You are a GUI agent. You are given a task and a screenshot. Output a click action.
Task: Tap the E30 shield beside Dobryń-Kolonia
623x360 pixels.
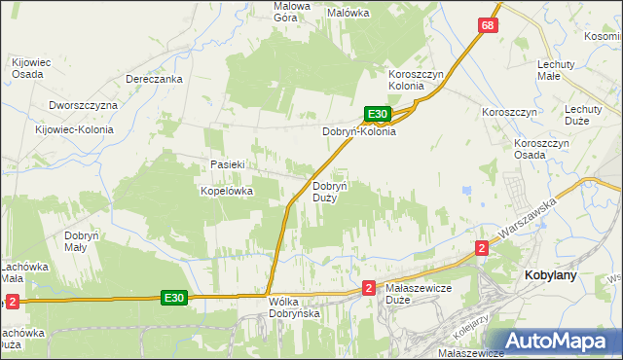click(x=379, y=114)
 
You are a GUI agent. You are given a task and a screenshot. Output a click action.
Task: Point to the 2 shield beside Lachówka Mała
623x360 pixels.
click(x=12, y=302)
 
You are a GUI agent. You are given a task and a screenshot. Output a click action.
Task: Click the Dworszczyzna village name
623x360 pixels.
click(x=83, y=105)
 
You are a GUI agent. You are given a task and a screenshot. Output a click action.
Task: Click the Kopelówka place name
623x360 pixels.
click(x=227, y=191)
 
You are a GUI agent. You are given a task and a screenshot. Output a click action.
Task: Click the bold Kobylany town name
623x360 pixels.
click(x=551, y=275)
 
